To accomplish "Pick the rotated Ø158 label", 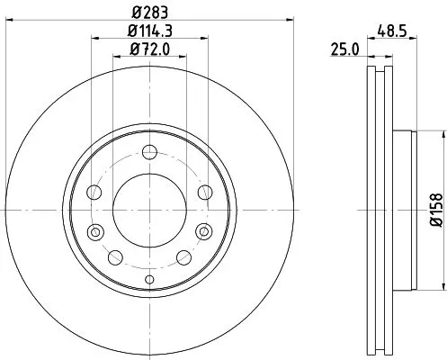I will (x=434, y=210).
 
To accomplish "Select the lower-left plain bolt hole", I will (x=113, y=258).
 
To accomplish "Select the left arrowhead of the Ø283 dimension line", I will (x=6, y=24).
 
